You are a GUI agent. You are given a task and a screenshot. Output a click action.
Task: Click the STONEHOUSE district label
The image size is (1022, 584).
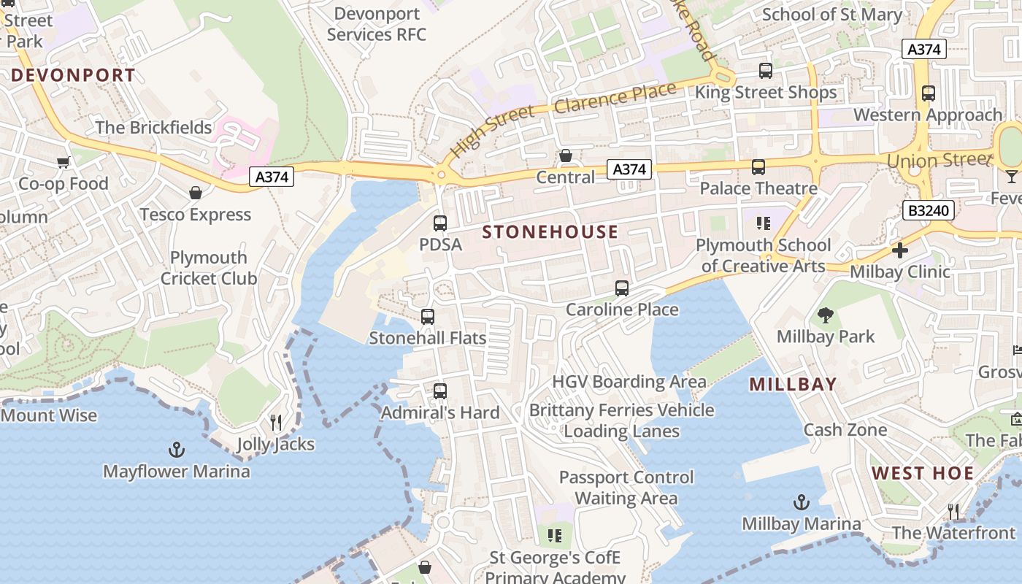[x=550, y=232]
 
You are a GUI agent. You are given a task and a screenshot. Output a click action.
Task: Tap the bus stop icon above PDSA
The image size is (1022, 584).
[x=440, y=223]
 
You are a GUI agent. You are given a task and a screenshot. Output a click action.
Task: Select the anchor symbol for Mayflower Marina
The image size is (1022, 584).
[x=176, y=449]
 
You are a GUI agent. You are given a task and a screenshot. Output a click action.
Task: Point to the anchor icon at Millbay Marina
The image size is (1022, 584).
[x=802, y=502]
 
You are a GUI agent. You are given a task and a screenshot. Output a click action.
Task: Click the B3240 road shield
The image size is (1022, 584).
[x=929, y=211]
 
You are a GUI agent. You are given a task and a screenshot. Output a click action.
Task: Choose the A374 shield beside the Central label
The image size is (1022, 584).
[x=629, y=169]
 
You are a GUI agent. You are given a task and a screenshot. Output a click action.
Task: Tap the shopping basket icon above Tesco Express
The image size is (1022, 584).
[x=195, y=193]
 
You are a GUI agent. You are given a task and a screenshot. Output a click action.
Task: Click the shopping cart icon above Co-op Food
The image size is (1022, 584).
[x=64, y=162]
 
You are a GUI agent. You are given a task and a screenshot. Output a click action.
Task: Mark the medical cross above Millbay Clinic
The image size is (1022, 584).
[x=900, y=250]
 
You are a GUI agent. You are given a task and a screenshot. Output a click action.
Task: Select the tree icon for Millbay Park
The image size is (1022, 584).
[x=826, y=315]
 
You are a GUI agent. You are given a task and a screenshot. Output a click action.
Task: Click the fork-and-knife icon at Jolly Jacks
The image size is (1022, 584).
[x=276, y=423]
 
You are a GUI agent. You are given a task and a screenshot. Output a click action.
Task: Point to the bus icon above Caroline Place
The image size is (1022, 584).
[x=622, y=288]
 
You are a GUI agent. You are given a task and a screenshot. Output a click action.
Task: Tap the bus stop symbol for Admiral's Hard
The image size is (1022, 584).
[x=440, y=391]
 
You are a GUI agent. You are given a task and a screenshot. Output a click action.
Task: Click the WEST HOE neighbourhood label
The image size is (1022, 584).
[x=923, y=473]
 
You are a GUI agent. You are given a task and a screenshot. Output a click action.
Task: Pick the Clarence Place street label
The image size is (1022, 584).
[x=615, y=99]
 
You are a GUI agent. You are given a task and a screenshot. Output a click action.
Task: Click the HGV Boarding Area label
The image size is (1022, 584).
[x=629, y=382]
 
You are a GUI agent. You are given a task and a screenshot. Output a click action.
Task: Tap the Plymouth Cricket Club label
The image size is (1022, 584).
[x=209, y=268]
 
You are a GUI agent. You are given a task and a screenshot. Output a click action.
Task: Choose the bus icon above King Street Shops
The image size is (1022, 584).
[x=766, y=71]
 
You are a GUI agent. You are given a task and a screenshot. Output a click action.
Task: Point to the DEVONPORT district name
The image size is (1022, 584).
[x=73, y=75]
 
